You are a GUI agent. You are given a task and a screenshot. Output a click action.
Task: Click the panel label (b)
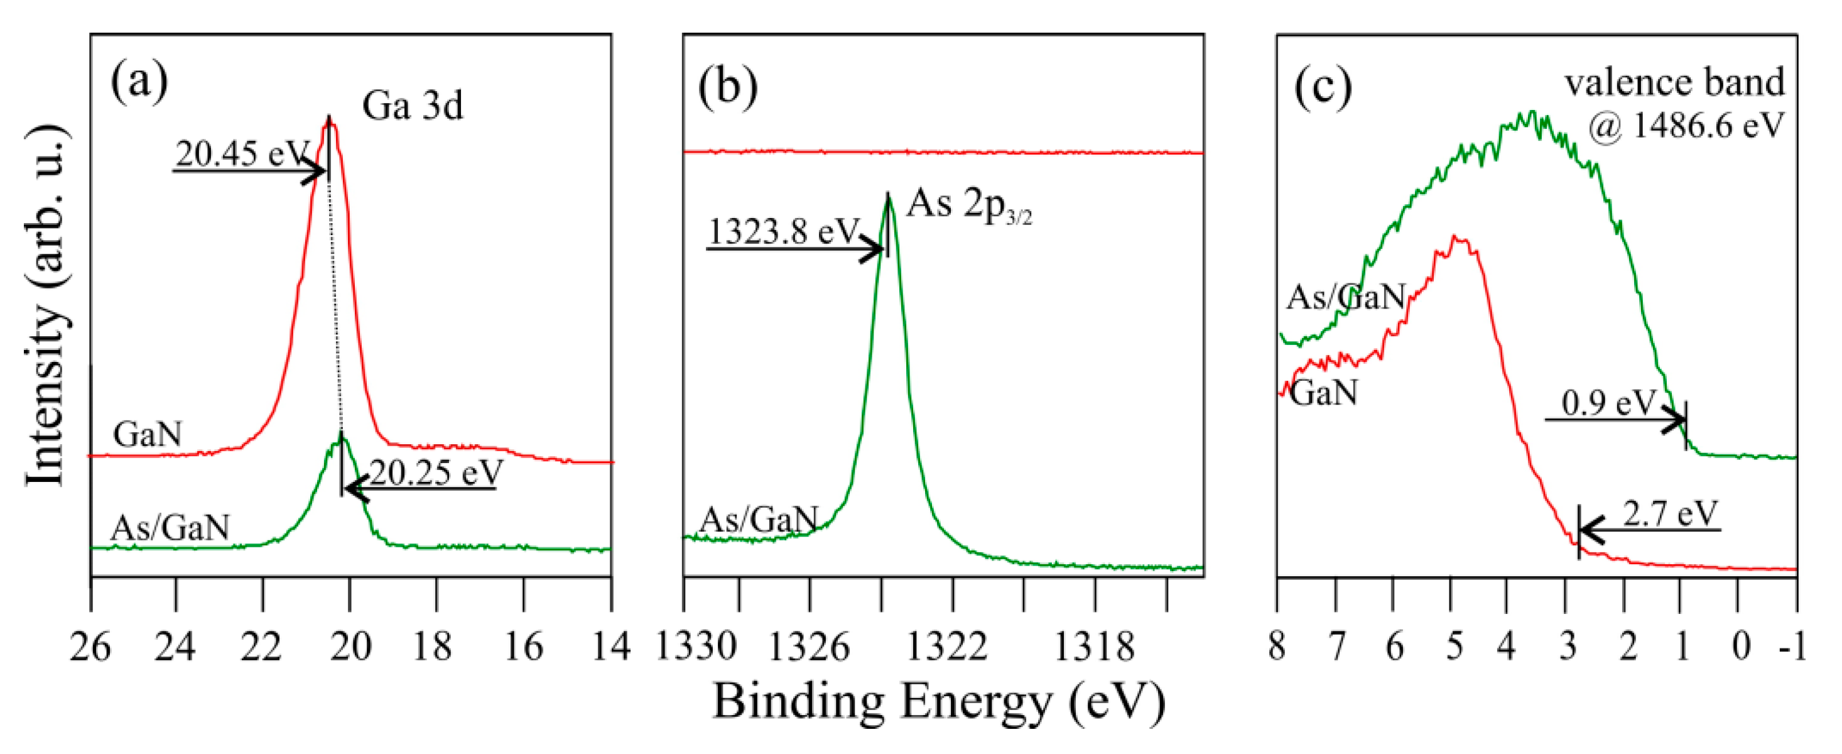tap(728, 89)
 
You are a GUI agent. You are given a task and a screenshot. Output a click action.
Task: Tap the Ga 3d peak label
tap(413, 106)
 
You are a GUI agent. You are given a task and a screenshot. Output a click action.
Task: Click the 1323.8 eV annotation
tap(783, 231)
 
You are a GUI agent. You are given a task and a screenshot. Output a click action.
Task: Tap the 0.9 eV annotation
tap(1608, 403)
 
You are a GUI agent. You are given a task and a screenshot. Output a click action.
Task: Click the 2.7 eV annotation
tap(1670, 513)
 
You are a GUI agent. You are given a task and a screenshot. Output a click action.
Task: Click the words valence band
tap(1675, 82)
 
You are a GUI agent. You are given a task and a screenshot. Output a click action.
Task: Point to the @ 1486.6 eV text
tap(1686, 126)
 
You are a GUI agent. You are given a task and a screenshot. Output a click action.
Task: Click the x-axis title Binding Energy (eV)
tap(939, 701)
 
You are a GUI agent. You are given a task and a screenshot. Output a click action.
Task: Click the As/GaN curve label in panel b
tap(758, 520)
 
